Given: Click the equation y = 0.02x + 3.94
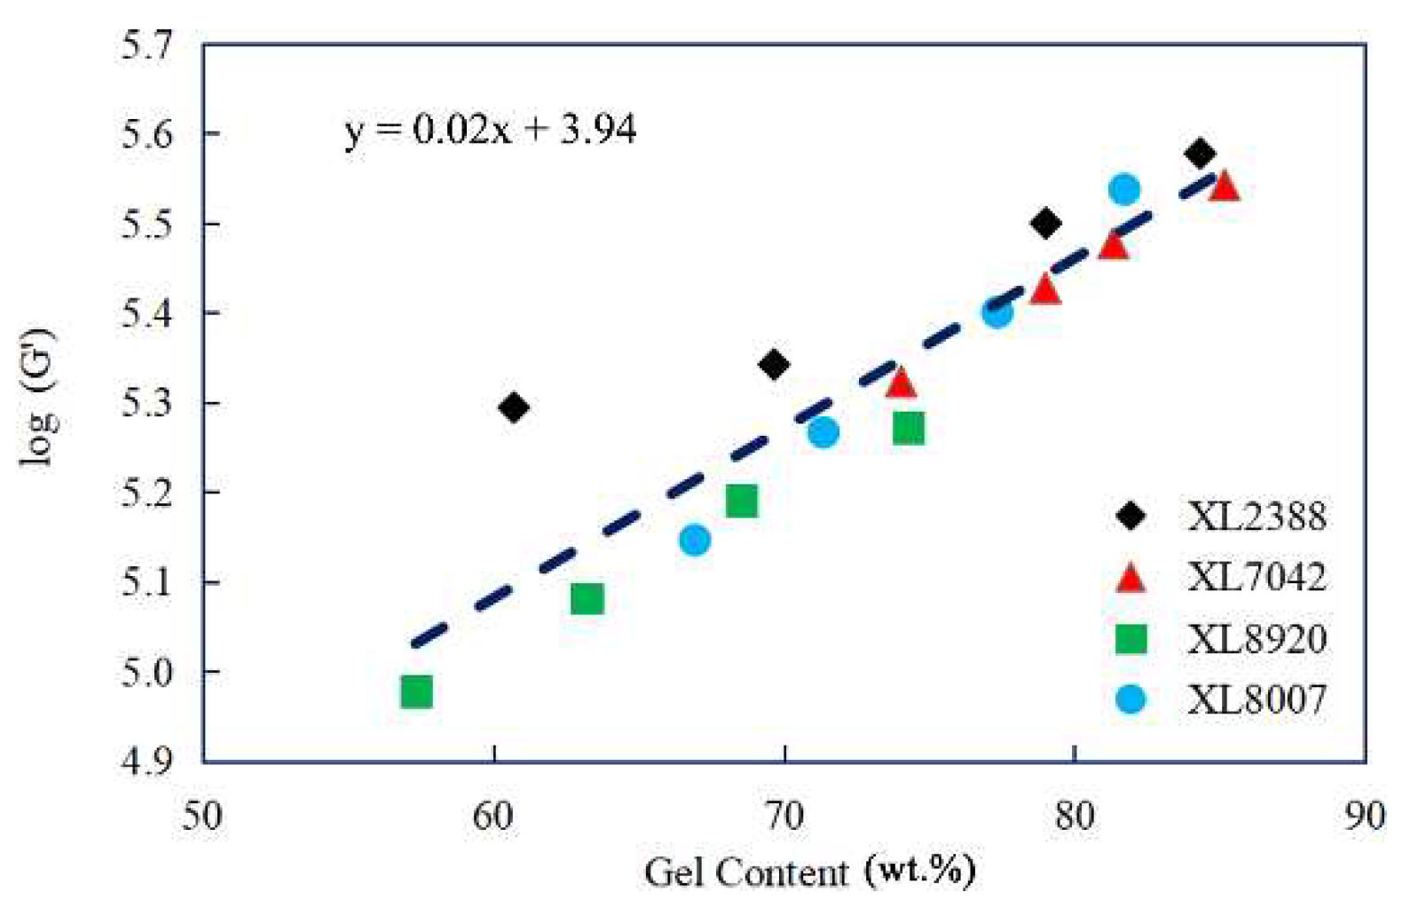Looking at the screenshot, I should (491, 130).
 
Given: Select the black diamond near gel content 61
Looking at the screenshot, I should (514, 408).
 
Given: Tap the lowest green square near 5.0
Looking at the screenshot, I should (416, 691).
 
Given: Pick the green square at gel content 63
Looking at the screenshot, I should (587, 598).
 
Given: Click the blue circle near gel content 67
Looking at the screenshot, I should (695, 540).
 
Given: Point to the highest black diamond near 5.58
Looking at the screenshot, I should (1200, 154).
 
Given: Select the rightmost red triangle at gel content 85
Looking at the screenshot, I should (1225, 187).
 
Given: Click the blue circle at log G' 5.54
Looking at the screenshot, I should (1124, 189).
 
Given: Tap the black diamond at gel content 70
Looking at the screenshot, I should (774, 365).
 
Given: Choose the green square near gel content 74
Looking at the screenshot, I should (909, 428).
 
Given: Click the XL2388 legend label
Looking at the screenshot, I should (1257, 516).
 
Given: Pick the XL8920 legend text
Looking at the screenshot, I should (1257, 638).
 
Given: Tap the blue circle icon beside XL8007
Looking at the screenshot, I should (1130, 699).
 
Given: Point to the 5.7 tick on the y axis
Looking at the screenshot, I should (147, 44).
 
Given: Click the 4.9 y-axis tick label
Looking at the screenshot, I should (147, 761).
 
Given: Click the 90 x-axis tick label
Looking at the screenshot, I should (1364, 815).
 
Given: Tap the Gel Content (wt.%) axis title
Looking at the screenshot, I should (809, 872).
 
